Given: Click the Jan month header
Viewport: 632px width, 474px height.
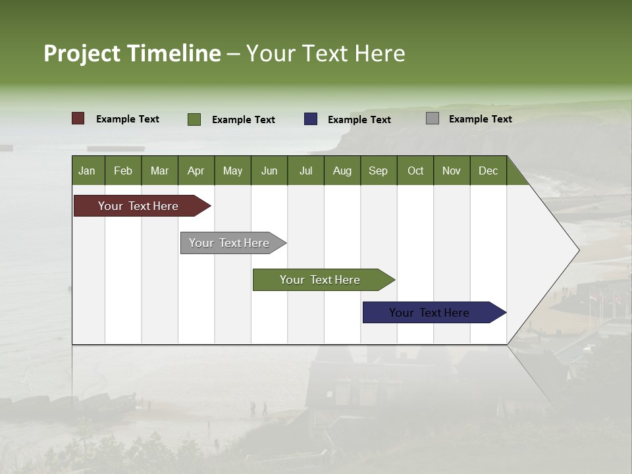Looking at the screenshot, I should coord(87,171).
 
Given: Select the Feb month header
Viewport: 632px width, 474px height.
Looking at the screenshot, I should coord(123,171).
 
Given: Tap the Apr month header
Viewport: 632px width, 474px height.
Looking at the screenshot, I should coord(196,171).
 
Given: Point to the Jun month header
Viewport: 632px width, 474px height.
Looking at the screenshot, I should coord(269,171).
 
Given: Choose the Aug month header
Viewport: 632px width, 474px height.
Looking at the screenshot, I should coord(342,171).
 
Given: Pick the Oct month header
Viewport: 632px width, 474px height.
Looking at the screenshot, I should coord(415,171).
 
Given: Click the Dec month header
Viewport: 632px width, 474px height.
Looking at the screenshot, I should coord(488,171).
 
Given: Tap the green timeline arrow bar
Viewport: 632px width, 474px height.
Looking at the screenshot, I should coord(321,280).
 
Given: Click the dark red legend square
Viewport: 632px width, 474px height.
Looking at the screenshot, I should coord(78,118).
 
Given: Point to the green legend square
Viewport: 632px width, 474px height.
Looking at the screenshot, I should coord(194,119).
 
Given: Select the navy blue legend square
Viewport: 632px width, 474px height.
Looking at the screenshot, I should coord(311,119).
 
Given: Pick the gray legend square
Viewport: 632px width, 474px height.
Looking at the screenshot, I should coord(433,118).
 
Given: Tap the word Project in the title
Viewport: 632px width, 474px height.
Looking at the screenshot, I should coord(82,53).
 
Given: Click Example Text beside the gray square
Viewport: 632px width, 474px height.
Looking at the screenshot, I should coord(480,118).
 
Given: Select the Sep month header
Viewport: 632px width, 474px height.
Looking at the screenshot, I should coord(378,171).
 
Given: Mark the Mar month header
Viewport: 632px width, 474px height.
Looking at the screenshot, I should coord(159,171).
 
